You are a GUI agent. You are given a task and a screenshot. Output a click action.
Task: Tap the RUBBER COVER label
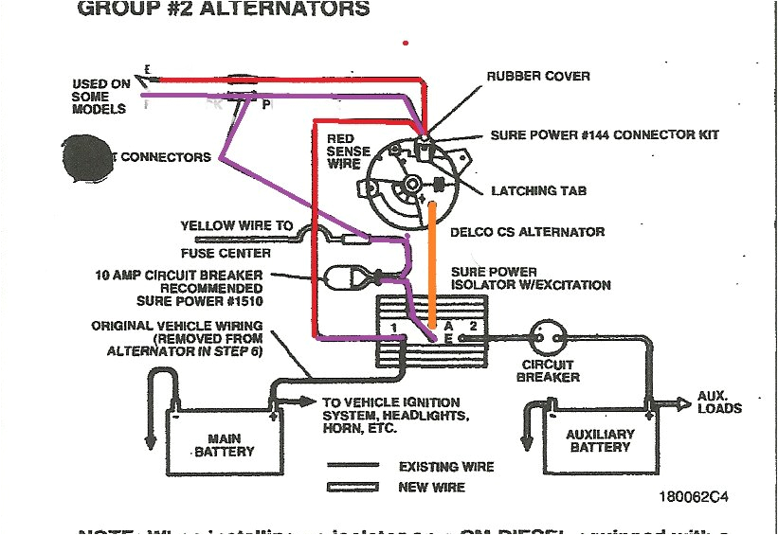coord(537,76)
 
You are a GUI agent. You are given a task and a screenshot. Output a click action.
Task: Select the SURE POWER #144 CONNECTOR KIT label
coord(605,135)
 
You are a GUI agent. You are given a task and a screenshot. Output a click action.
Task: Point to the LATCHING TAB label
coord(538,191)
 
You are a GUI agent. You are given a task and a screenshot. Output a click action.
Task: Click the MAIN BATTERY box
coord(226,445)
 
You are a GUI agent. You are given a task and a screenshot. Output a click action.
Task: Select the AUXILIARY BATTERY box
coord(601,440)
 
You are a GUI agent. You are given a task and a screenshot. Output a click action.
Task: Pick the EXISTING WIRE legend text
coord(446,467)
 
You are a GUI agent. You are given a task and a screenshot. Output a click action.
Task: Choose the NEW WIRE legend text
coord(431,487)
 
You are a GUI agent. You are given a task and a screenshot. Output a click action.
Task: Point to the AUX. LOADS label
coord(719,401)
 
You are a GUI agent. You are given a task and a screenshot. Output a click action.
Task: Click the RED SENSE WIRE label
coord(343,152)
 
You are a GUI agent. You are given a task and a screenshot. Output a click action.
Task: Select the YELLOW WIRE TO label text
coord(237,226)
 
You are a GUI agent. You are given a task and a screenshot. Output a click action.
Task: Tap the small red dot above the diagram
coord(407,43)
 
